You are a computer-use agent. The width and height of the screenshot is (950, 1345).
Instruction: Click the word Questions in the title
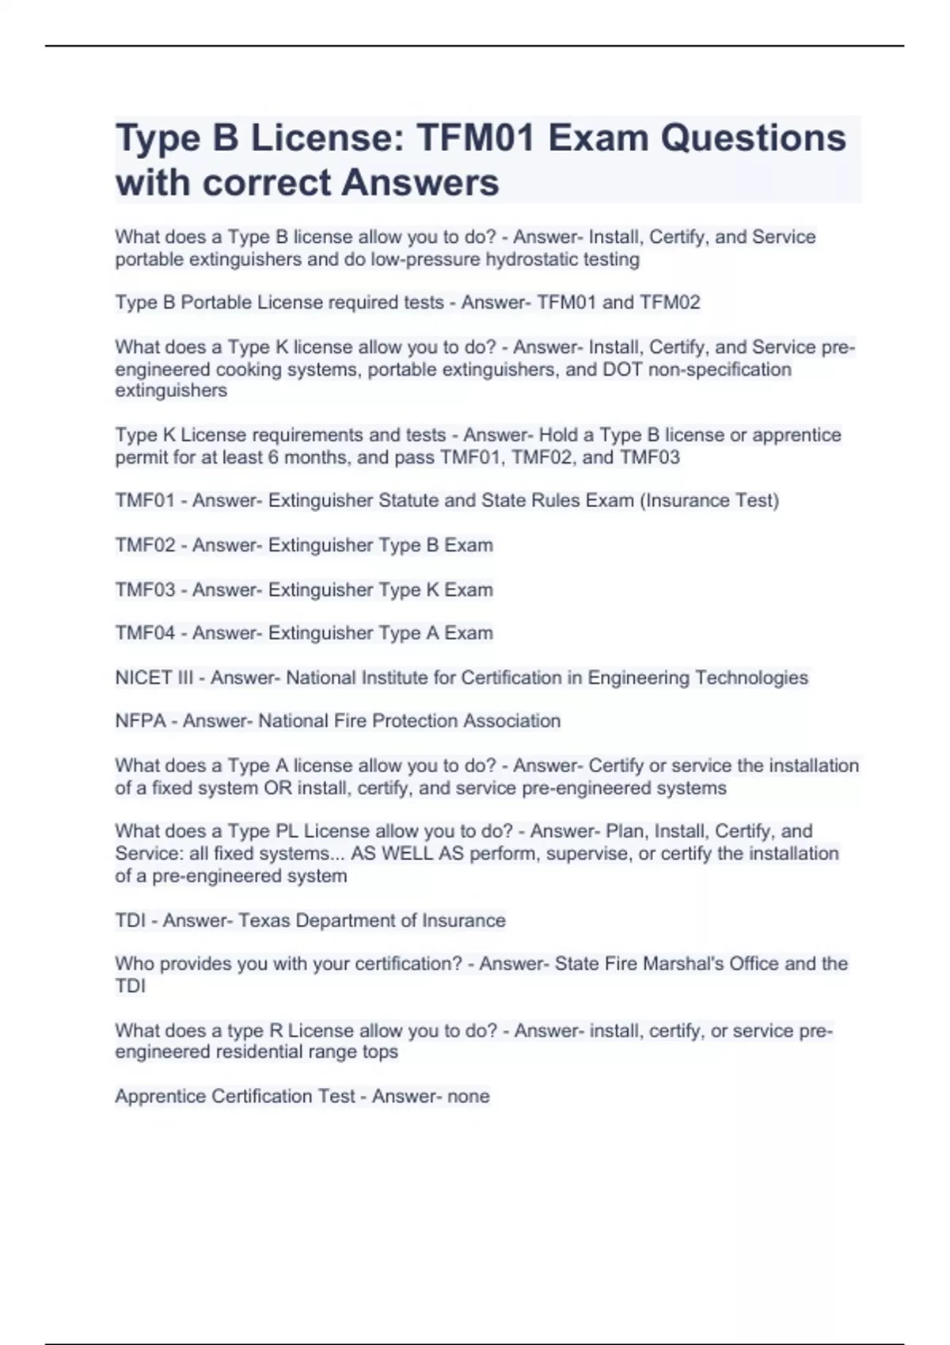pyautogui.click(x=753, y=138)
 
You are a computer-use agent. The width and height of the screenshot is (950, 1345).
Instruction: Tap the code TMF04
pyautogui.click(x=145, y=633)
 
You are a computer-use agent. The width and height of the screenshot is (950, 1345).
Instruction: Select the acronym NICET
pyautogui.click(x=143, y=678)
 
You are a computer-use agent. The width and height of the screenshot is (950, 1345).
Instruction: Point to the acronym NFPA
pyautogui.click(x=140, y=721)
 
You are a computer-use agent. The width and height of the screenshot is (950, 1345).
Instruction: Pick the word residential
pyautogui.click(x=256, y=1052)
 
